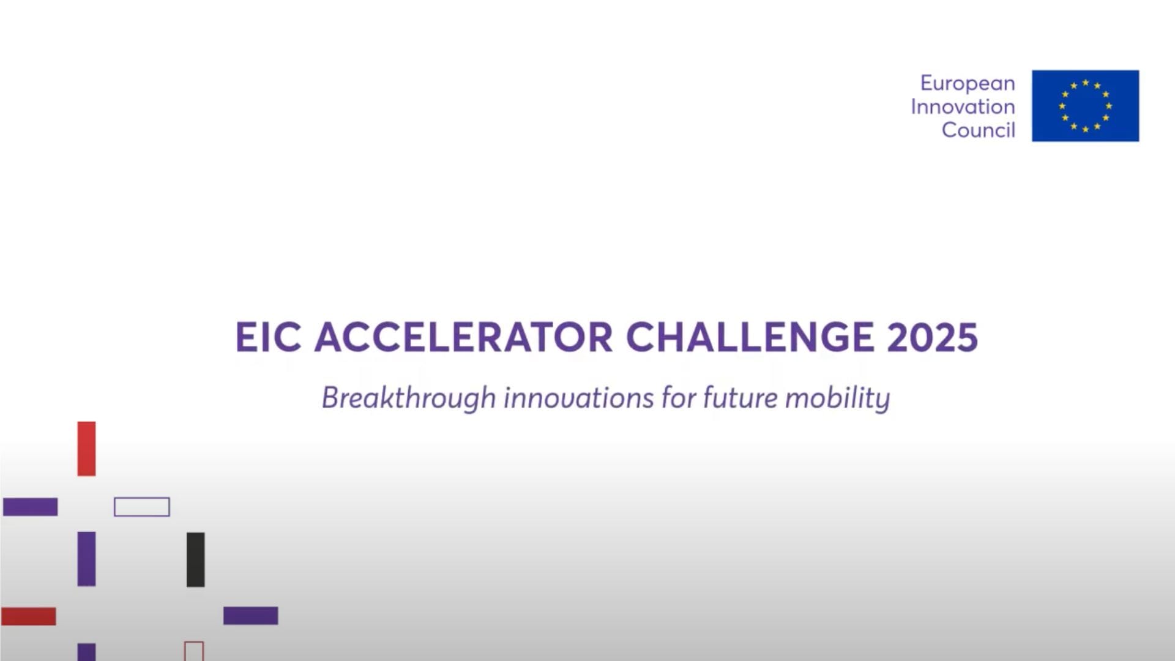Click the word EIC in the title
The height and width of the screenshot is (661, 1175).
coord(268,337)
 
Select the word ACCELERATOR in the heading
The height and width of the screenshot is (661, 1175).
coord(463,337)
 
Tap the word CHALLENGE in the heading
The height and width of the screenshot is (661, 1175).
coord(750,337)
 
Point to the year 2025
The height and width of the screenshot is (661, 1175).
coord(932,337)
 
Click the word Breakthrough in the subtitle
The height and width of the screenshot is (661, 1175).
coord(408,398)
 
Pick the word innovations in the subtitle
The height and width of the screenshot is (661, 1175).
coord(579,398)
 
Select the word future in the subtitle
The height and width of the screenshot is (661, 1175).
coord(740,398)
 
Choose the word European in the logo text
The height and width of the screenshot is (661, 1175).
coord(968,83)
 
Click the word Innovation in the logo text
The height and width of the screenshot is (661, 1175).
coord(963,106)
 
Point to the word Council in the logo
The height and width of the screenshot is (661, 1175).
coord(978,130)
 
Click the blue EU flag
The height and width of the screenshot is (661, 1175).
coord(1085,106)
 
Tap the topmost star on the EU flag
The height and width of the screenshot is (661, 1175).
coord(1086,82)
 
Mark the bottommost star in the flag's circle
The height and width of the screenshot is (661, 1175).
coord(1086,129)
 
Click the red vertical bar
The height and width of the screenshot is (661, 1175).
coord(86,449)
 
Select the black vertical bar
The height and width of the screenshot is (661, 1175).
coord(195,559)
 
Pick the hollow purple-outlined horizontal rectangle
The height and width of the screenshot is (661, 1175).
coord(141,507)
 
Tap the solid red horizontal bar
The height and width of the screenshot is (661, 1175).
coord(28,616)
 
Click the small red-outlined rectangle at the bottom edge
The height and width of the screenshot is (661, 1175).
coord(193,651)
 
